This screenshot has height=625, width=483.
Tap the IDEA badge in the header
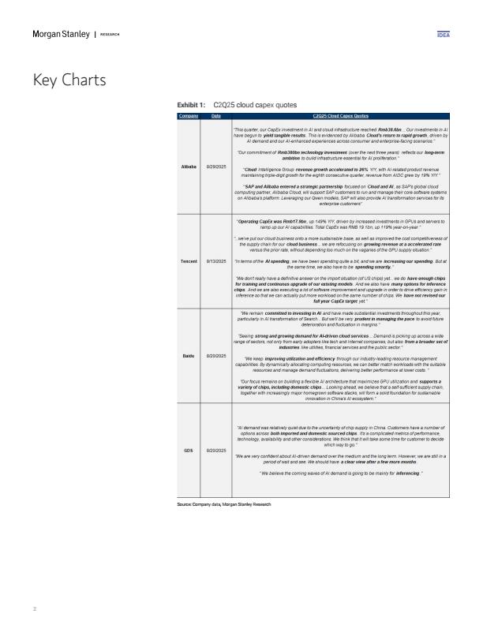coord(443,36)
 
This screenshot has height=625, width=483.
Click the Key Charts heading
coord(69,80)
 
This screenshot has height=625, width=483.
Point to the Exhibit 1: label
coord(193,104)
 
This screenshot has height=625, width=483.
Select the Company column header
coord(189,116)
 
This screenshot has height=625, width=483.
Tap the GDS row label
coord(189,450)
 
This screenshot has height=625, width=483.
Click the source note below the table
coord(224,503)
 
